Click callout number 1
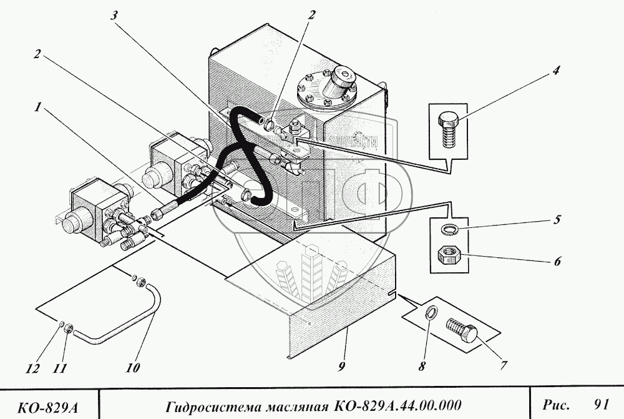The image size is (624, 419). click(38, 107)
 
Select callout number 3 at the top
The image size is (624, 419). click(114, 17)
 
